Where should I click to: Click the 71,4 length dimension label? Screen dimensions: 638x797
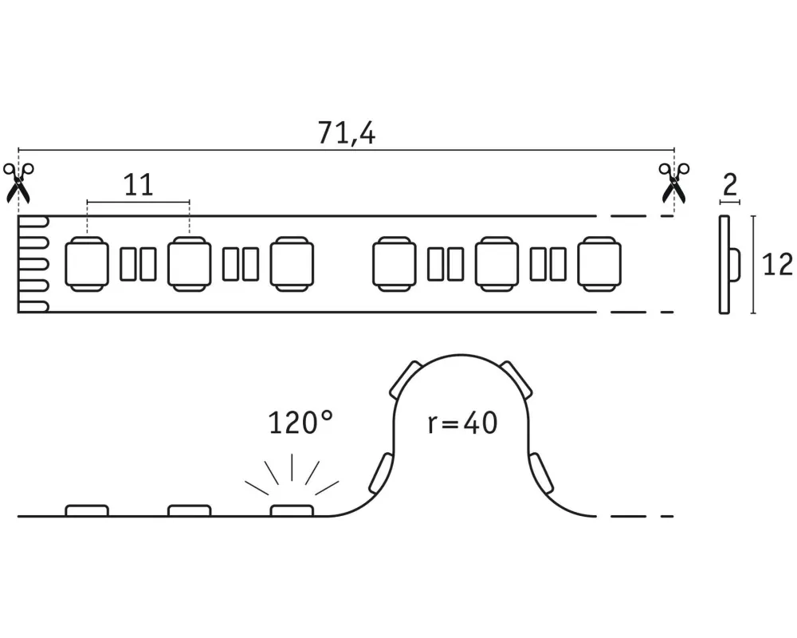(x=346, y=134)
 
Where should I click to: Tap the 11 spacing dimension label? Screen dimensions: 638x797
(x=138, y=186)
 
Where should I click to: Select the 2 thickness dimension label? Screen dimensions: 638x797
(x=729, y=186)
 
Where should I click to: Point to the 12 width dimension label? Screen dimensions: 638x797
(x=778, y=264)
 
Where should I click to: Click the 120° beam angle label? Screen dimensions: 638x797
(x=300, y=423)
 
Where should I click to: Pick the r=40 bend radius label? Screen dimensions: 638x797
(x=462, y=423)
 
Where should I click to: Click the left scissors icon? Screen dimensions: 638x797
(x=18, y=182)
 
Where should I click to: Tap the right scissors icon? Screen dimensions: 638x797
(x=674, y=182)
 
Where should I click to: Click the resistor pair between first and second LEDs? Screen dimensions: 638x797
(x=138, y=264)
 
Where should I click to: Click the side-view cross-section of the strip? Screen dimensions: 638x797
(x=727, y=264)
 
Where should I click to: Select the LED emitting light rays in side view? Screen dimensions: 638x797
(x=292, y=510)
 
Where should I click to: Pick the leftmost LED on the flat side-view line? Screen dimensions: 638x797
(x=86, y=510)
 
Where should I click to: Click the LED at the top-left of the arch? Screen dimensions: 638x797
(x=407, y=379)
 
